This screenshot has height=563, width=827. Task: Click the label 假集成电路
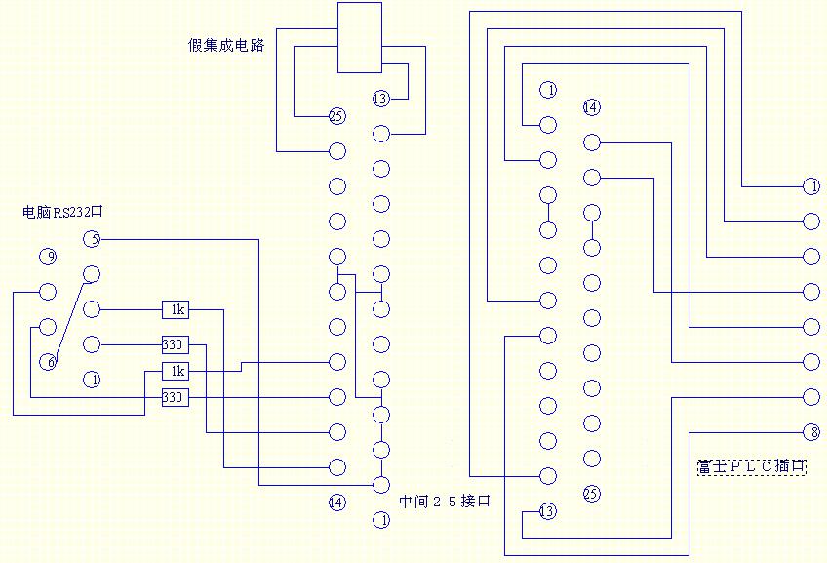[226, 45]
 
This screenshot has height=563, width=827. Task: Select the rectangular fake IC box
[360, 37]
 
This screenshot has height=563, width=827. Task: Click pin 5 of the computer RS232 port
[92, 239]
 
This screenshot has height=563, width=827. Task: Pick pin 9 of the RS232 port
[48, 258]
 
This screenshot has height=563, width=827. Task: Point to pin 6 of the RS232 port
[48, 362]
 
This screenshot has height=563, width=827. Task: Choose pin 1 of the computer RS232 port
[92, 380]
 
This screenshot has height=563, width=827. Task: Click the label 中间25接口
[444, 502]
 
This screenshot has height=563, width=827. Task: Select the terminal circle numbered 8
[810, 432]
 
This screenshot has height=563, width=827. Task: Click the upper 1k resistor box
[177, 309]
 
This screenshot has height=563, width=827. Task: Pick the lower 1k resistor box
[177, 371]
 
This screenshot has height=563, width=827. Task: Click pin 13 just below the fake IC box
[380, 99]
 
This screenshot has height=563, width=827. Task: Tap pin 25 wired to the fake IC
[336, 116]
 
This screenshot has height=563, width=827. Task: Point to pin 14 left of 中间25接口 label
[336, 503]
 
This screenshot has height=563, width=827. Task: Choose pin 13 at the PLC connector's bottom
[547, 511]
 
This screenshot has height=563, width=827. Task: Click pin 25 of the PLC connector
[591, 493]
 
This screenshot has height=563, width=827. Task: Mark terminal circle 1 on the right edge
[810, 185]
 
